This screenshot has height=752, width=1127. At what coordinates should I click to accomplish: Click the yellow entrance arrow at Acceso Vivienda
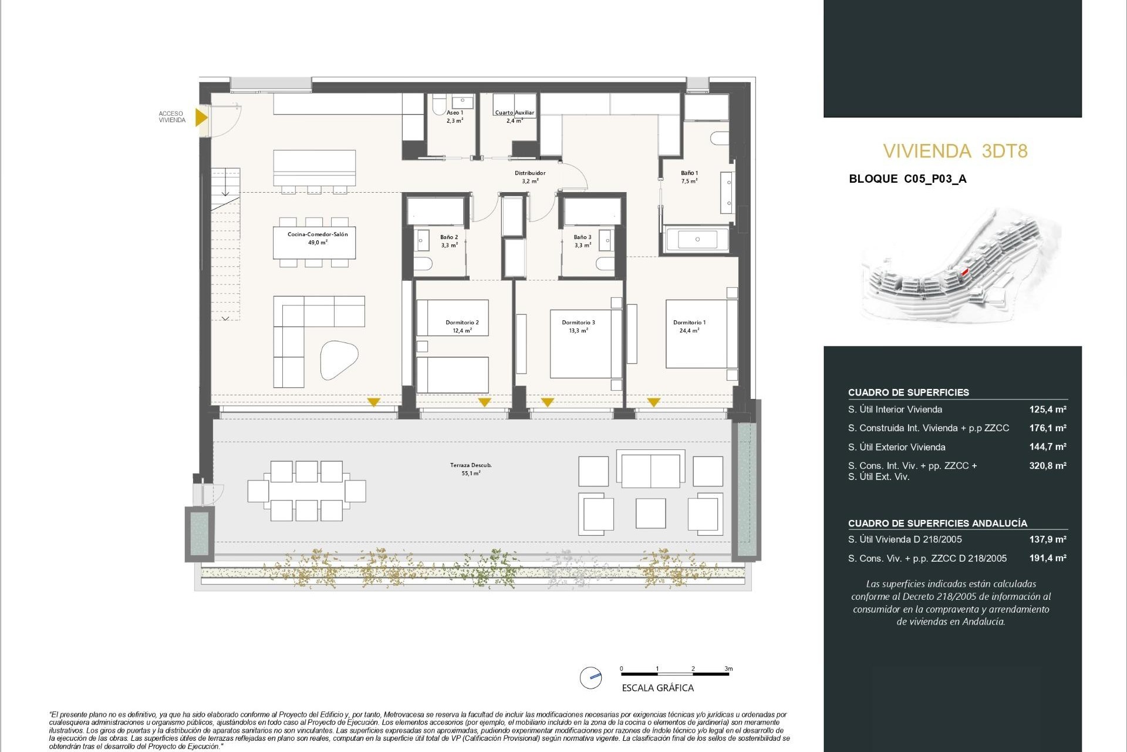[201, 117]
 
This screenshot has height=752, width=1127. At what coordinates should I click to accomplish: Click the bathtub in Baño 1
[697, 240]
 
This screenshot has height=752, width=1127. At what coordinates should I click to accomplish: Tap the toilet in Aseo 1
[438, 106]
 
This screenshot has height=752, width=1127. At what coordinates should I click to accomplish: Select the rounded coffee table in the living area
[339, 359]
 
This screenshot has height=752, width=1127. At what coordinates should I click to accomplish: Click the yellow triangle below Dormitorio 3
[547, 402]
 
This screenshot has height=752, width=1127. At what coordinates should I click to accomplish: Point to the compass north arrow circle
[591, 677]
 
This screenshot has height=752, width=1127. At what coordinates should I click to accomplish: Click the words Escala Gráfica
[657, 688]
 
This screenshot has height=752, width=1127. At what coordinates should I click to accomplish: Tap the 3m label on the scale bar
[728, 669]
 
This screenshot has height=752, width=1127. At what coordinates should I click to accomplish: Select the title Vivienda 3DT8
[955, 151]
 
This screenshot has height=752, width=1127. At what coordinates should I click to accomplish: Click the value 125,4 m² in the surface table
[1047, 409]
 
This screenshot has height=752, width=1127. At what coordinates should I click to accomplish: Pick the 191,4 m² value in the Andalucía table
[1047, 558]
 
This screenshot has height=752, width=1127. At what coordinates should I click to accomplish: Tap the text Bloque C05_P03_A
[907, 179]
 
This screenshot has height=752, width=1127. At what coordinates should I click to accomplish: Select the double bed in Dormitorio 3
[585, 344]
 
